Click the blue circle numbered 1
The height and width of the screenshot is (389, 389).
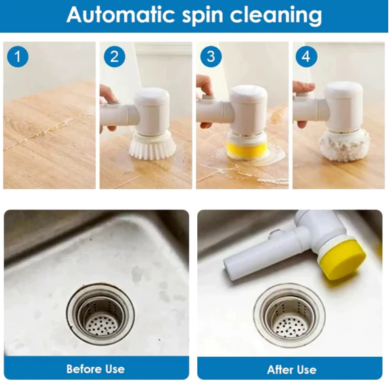[x=18, y=57]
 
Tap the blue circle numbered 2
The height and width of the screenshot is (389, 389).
[x=115, y=57]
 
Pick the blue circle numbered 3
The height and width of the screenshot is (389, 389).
[x=211, y=57]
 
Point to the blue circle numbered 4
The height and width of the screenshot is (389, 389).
[x=307, y=57]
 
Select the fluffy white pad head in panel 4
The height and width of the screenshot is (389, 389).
[x=345, y=146]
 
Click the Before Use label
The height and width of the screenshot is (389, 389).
[x=95, y=369]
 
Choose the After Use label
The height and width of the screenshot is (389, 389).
[x=292, y=370]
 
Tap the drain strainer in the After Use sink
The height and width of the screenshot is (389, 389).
[x=289, y=315]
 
